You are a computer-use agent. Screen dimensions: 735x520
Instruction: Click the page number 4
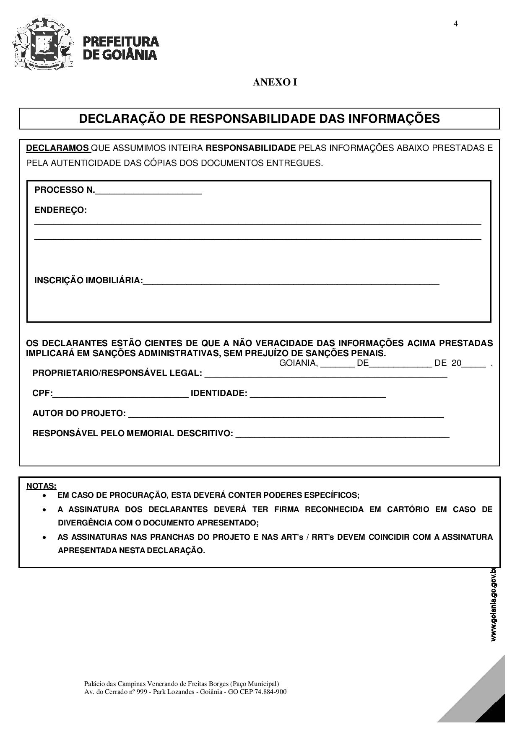455,23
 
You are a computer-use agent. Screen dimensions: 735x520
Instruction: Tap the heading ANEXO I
275,82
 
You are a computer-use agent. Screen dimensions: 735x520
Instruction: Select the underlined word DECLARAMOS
58,148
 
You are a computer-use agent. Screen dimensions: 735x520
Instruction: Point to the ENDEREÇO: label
60,210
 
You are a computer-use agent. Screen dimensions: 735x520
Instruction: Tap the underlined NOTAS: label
41,486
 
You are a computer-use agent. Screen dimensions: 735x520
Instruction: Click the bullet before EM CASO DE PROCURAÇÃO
44,495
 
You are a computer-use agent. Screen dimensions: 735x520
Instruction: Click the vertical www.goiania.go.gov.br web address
494,604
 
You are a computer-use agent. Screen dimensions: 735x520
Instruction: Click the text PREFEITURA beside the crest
121,41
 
